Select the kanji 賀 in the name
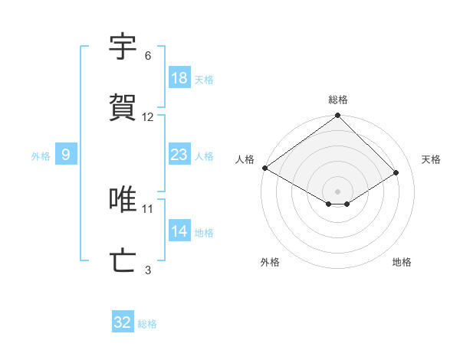tap(124, 107)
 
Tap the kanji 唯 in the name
tap(124, 199)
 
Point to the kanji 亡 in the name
tap(124, 260)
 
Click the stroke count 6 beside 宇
tap(148, 55)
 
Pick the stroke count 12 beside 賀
tap(148, 116)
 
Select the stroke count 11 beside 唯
tap(148, 208)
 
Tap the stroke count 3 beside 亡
tap(148, 270)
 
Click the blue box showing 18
tap(179, 77)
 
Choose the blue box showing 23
tap(179, 155)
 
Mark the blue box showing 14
tap(179, 231)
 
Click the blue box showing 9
tap(66, 155)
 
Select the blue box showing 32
tap(123, 322)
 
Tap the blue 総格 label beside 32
tap(147, 324)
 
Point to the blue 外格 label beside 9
tap(41, 155)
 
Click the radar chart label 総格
tap(338, 100)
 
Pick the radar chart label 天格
tap(431, 159)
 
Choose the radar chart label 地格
tap(402, 262)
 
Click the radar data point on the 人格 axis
tap(264, 168)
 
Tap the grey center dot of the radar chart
tap(337, 191)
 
